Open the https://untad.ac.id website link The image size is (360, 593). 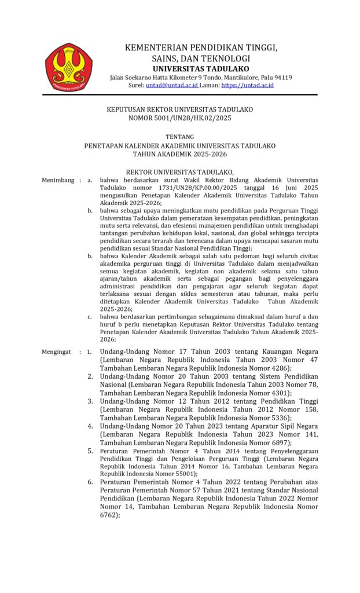(247, 85)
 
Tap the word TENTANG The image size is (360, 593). (179, 137)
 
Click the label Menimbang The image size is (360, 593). (57, 180)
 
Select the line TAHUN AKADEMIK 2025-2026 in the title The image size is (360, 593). (179, 155)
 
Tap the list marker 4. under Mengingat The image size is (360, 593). (91, 426)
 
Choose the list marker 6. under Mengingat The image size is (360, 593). (91, 482)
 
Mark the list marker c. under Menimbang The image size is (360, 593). (90, 317)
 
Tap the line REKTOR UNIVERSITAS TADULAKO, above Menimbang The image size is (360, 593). (179, 172)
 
